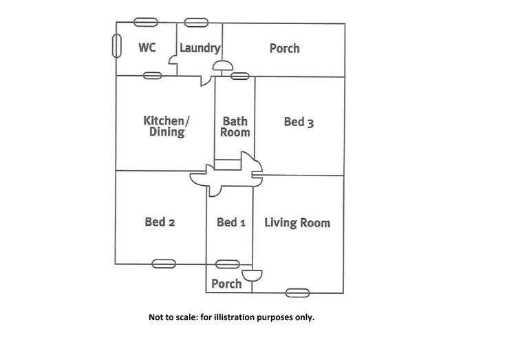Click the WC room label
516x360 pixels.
tap(147, 47)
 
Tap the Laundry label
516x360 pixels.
tap(200, 48)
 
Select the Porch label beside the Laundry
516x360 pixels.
tap(284, 48)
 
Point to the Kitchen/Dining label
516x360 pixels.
tap(166, 126)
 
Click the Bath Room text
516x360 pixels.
tap(235, 127)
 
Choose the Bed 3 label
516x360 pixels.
tap(299, 122)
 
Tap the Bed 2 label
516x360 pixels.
tap(160, 222)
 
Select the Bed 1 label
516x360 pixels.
tap(230, 222)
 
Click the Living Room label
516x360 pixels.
tap(297, 222)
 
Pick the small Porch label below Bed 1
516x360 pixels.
tap(226, 284)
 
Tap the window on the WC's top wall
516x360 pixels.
tap(145, 22)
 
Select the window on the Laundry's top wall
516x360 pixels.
tap(197, 22)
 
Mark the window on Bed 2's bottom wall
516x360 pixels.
tap(164, 263)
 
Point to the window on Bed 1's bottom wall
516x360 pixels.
tap(228, 264)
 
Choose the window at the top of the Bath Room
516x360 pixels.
tap(239, 75)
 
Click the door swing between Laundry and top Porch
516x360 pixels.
tap(222, 66)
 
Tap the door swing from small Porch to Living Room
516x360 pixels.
tap(252, 275)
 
